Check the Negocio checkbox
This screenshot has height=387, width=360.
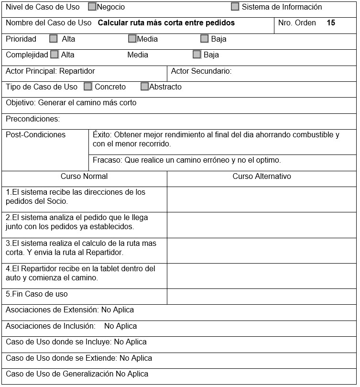click(x=92, y=7)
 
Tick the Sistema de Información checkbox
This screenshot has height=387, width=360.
click(x=235, y=7)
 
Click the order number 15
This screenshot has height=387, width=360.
click(x=331, y=22)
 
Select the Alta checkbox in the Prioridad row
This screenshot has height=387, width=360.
click(x=54, y=39)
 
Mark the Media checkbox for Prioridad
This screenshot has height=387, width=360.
click(x=132, y=39)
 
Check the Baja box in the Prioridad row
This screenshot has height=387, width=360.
click(x=205, y=39)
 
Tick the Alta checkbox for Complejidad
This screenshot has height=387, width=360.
click(x=55, y=55)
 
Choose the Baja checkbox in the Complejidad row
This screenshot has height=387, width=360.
click(x=197, y=55)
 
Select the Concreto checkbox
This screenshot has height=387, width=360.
click(x=88, y=87)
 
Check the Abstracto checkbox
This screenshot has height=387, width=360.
click(x=145, y=87)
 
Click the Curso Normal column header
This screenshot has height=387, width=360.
click(x=84, y=176)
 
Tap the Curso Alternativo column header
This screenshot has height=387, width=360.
click(x=262, y=176)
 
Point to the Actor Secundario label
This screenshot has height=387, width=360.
click(x=201, y=71)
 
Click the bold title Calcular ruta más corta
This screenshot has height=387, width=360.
click(x=166, y=22)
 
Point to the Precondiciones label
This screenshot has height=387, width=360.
click(x=33, y=119)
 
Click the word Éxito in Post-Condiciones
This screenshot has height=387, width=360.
click(x=101, y=134)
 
